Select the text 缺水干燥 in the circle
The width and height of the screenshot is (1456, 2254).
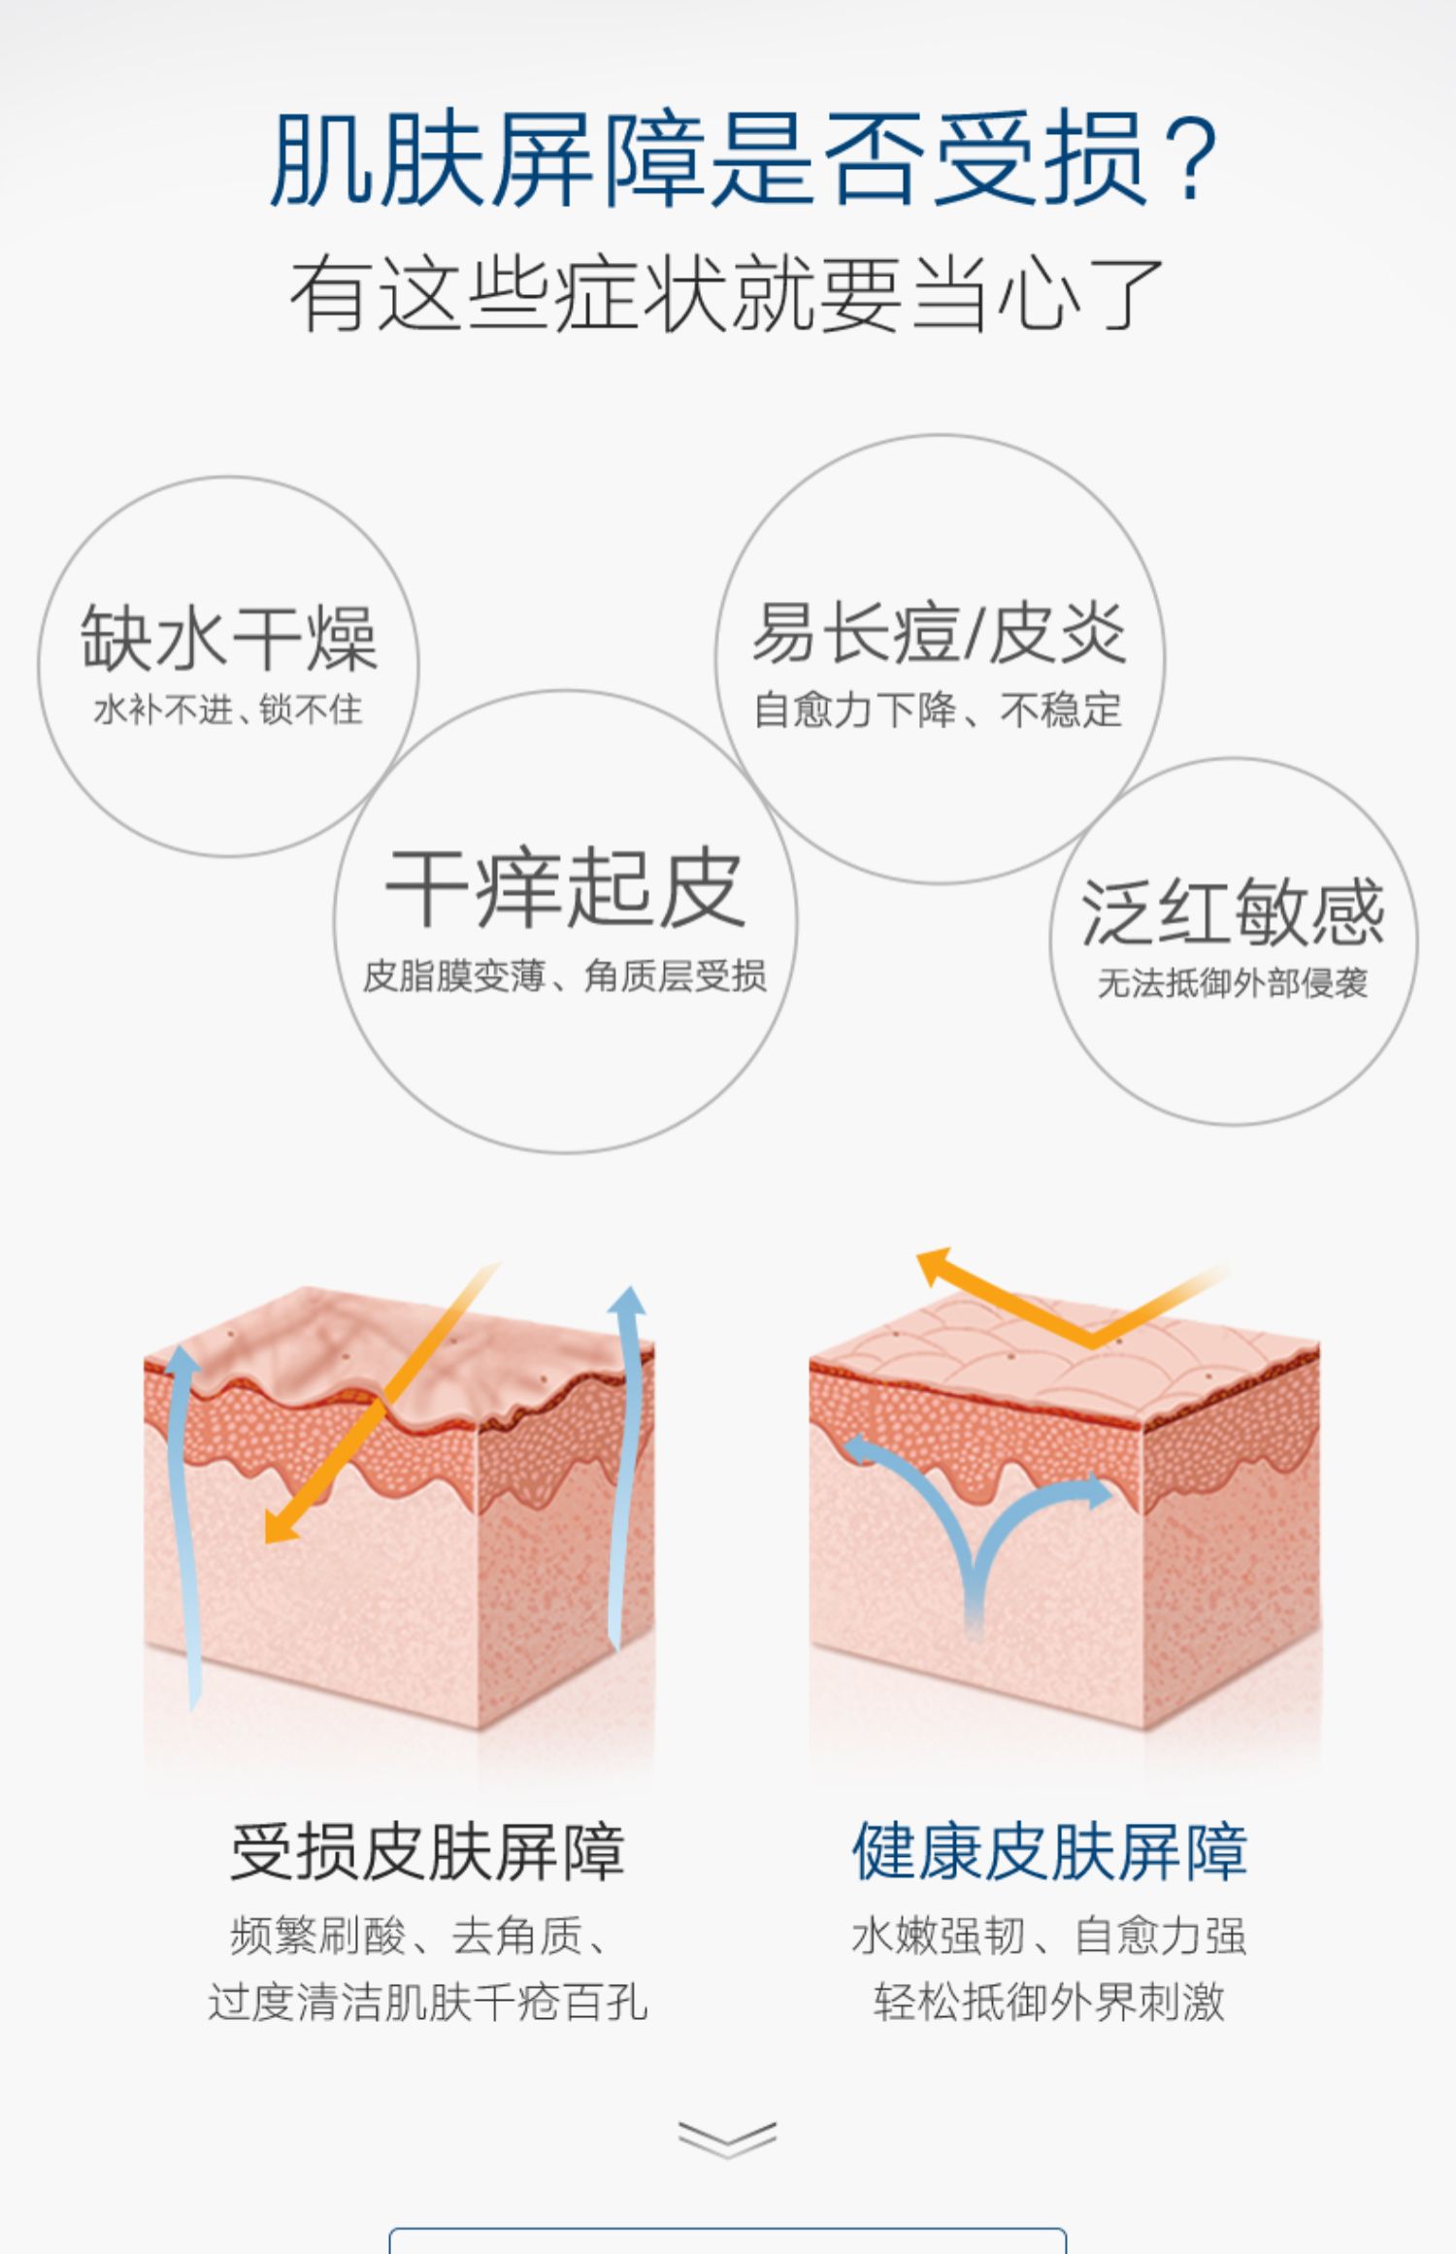229,638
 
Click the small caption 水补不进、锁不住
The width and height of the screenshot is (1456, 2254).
228,710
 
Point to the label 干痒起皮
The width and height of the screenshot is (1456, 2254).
565,887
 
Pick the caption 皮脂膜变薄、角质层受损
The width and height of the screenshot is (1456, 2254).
565,977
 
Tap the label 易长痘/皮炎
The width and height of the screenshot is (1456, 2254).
939,633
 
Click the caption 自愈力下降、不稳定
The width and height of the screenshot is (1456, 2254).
939,711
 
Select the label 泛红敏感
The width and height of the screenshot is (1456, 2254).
1233,912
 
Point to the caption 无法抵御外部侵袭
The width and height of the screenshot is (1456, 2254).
1233,983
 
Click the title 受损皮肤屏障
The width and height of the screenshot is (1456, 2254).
427,1852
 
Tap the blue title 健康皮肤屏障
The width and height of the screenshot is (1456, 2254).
1049,1852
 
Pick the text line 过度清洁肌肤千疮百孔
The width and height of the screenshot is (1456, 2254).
427,2002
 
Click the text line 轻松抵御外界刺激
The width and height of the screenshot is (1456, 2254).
1049,2002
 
